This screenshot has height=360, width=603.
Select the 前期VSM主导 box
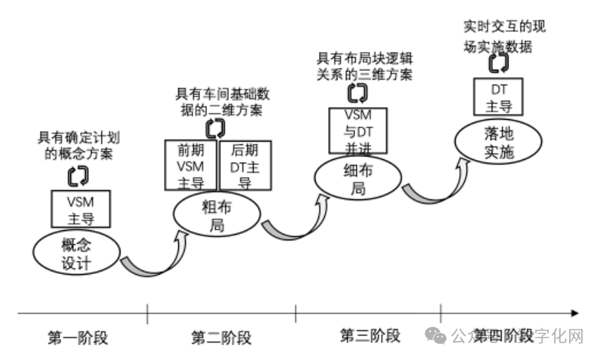(189, 165)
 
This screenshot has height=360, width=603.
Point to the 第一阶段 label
(79, 337)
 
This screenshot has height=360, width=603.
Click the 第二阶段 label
(221, 337)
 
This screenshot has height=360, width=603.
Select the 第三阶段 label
(370, 335)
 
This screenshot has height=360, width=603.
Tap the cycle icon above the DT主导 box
(499, 63)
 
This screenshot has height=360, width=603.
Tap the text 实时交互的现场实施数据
(504, 37)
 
